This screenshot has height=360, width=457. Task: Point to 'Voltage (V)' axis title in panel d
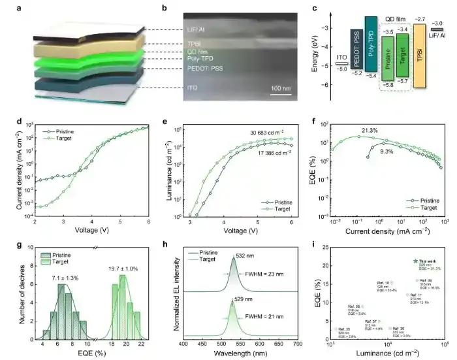click(89, 231)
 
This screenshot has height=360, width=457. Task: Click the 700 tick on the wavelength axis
click(297, 343)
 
